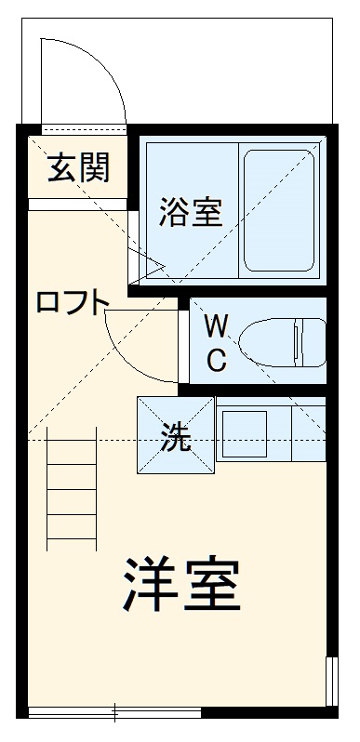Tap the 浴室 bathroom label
pyautogui.click(x=190, y=212)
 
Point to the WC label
pyautogui.click(x=216, y=342)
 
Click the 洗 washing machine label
pyautogui.click(x=176, y=437)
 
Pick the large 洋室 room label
pyautogui.click(x=180, y=584)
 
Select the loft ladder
pyautogui.click(x=72, y=488)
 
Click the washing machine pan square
pyautogui.click(x=176, y=435)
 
